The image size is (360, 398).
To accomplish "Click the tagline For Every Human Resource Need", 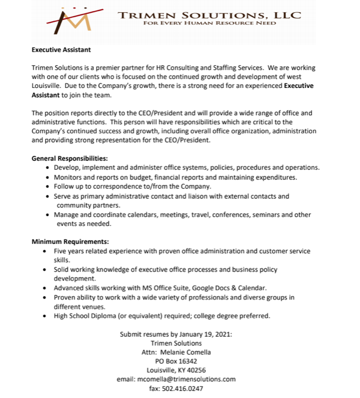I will click(x=209, y=23).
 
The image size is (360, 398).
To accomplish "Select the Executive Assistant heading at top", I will click(x=61, y=50).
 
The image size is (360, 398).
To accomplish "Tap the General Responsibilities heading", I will click(x=70, y=159).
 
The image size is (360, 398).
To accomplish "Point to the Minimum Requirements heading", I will click(x=70, y=242).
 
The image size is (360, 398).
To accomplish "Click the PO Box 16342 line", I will click(x=176, y=361).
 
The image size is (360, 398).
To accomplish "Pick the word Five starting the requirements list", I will click(x=60, y=251).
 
